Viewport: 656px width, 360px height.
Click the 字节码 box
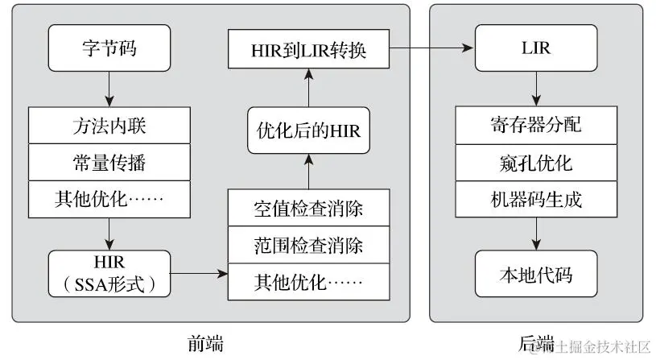(x=109, y=48)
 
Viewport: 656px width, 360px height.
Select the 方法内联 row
(x=109, y=126)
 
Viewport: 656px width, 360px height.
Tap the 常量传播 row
(x=109, y=163)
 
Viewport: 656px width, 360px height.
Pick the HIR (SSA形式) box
(x=109, y=273)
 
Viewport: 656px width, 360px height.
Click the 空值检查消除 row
(x=308, y=209)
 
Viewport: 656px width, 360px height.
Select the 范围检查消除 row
(x=308, y=246)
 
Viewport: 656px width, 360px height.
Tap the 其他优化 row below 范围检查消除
(x=308, y=282)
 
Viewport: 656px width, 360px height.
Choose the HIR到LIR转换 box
(x=308, y=49)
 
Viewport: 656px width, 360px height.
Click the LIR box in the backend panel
(x=535, y=48)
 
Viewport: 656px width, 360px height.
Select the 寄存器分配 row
(x=535, y=126)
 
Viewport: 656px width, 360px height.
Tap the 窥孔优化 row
(x=535, y=163)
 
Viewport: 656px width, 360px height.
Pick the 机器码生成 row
(x=535, y=199)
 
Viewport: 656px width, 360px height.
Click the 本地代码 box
(x=535, y=273)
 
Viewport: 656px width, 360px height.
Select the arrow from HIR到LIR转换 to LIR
(x=431, y=49)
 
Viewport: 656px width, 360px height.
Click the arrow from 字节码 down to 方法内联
(x=109, y=87)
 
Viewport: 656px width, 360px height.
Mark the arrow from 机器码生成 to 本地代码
(x=535, y=234)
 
